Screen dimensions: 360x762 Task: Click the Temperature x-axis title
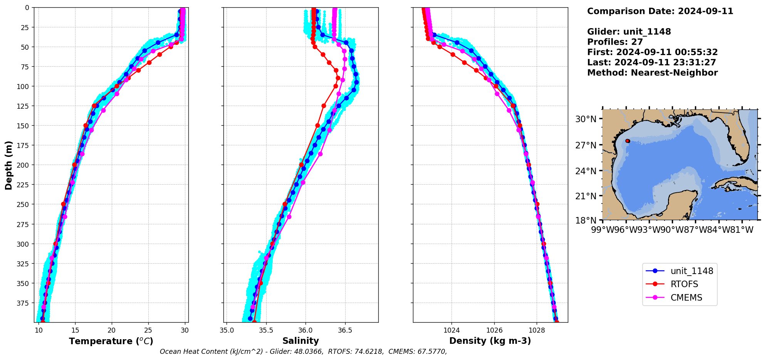tap(111, 341)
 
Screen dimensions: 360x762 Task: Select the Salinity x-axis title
tap(300, 341)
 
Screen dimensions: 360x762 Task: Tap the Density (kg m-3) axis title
tap(490, 341)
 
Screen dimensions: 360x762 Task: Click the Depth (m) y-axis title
tap(8, 165)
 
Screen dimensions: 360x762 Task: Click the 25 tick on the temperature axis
tap(148, 330)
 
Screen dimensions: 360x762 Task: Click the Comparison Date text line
tap(660, 11)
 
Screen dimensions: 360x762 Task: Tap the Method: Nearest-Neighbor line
tap(652, 73)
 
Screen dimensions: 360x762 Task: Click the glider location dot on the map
tap(628, 141)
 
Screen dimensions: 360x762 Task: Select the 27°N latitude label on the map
tap(586, 145)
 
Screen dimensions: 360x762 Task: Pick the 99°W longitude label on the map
tap(603, 230)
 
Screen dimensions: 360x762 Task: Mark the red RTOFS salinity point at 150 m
tap(317, 125)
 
